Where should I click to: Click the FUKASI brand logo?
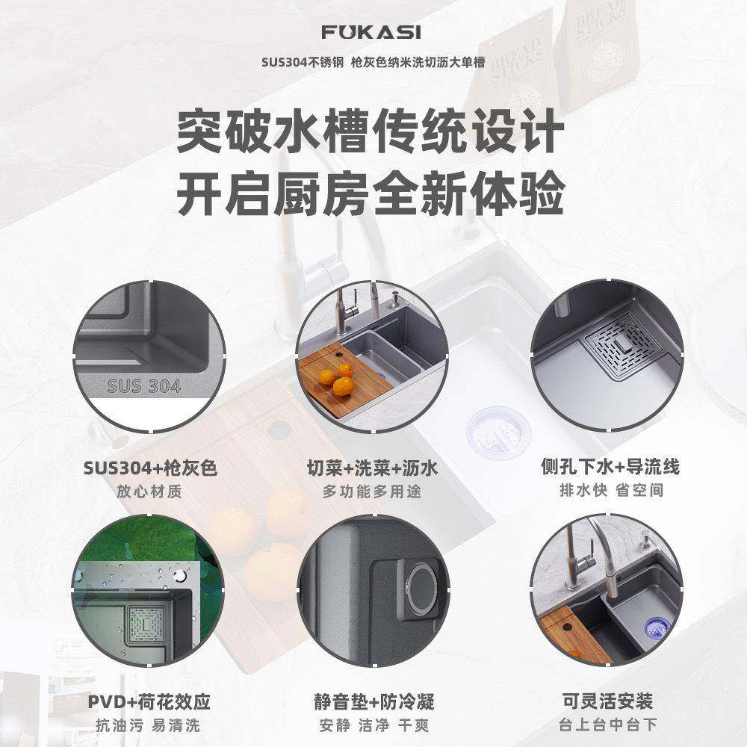371,33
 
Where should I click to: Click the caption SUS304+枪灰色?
149,468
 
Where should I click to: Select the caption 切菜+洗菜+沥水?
372,468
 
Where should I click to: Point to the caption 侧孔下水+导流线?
610,468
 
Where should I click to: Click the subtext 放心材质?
149,492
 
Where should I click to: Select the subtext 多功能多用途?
372,492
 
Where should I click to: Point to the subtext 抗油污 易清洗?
149,725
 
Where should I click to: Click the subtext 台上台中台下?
608,725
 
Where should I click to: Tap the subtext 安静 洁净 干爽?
373,725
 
